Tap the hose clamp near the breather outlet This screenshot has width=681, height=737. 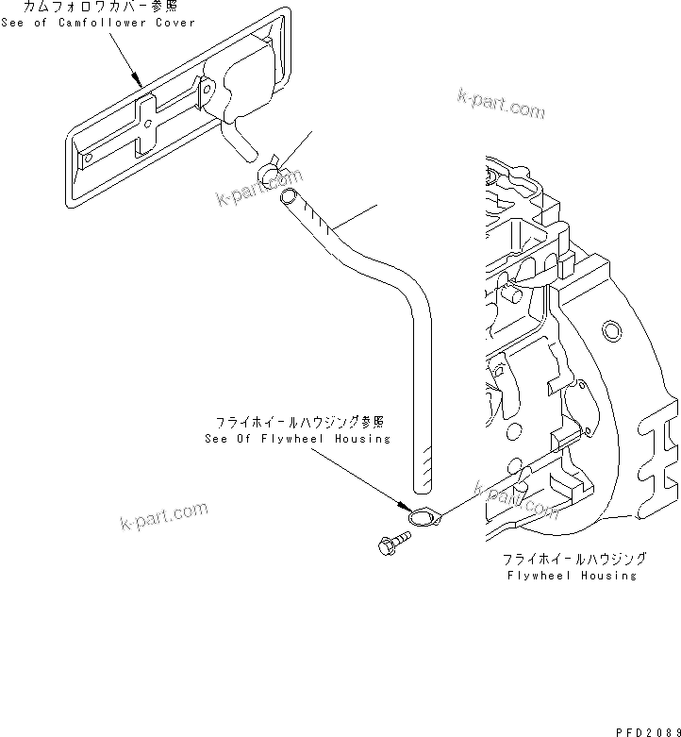coord(268,170)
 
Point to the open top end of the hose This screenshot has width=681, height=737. coord(290,197)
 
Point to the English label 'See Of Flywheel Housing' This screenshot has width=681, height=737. coord(297,439)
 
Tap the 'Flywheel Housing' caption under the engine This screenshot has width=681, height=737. coord(571,575)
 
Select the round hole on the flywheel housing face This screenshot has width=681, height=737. coord(611,329)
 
